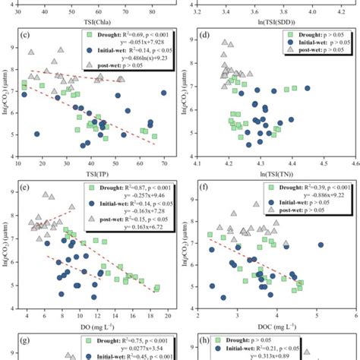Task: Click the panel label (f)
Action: (x=204, y=185)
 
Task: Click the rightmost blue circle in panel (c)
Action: (x=164, y=93)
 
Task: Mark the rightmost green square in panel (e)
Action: (x=157, y=288)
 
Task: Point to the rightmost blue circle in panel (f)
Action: (x=321, y=245)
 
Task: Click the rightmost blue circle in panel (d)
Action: (x=308, y=89)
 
